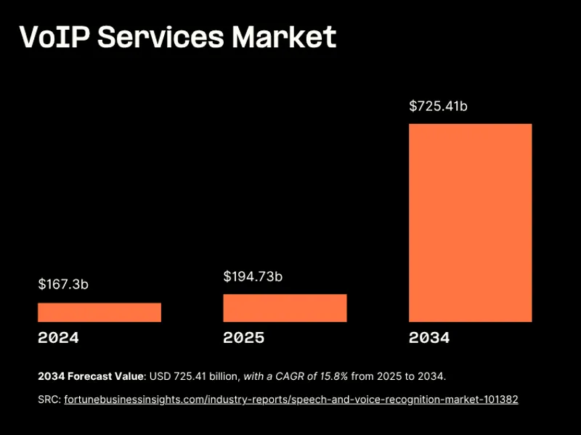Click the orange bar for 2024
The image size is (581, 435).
pos(99,312)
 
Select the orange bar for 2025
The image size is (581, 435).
pos(285,308)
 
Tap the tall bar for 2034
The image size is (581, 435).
pos(470,223)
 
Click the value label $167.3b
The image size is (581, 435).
pos(63,284)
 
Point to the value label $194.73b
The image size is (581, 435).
pos(253,276)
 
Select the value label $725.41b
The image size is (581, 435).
pos(438,107)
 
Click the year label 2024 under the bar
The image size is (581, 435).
pos(58,338)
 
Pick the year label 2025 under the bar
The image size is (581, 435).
pos(244,338)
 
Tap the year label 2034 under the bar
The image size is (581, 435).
pos(429,338)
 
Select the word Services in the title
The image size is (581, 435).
pos(160,37)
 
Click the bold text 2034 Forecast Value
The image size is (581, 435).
pos(91,376)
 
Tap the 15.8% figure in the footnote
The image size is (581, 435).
pos(333,376)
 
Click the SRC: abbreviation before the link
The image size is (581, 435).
pos(49,399)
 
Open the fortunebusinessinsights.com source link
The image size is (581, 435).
pos(290,399)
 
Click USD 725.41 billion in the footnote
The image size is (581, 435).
pos(195,376)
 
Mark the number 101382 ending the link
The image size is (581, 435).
pos(500,399)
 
